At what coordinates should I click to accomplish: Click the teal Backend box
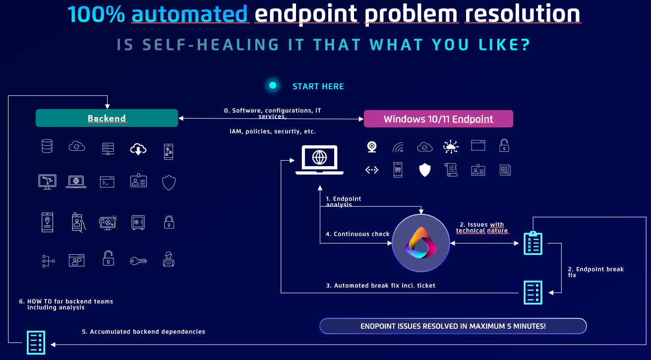click(x=107, y=118)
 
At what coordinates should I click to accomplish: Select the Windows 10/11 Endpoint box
click(x=438, y=119)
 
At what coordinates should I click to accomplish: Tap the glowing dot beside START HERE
click(x=273, y=85)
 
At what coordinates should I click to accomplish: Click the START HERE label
click(x=318, y=86)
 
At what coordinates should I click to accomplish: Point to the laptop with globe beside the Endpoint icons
click(x=319, y=160)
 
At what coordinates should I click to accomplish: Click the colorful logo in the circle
click(x=421, y=243)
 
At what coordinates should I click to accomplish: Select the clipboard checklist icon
click(x=533, y=243)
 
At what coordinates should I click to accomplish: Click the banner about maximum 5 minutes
click(x=453, y=326)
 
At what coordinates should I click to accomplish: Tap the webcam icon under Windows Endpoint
click(x=372, y=147)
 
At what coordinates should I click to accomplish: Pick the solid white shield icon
click(x=424, y=170)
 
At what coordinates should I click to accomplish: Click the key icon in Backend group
click(x=138, y=261)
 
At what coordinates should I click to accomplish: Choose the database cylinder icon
click(x=47, y=146)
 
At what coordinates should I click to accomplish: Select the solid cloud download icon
click(x=138, y=149)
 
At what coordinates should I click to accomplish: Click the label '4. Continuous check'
click(x=357, y=234)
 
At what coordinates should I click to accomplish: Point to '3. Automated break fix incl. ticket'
click(x=380, y=285)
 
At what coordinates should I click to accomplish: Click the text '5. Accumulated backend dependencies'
click(x=143, y=332)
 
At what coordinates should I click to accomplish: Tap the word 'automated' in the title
click(x=189, y=14)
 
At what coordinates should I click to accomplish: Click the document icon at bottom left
click(x=36, y=343)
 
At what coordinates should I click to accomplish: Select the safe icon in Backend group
click(x=138, y=223)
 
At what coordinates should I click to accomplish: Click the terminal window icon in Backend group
click(x=107, y=182)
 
